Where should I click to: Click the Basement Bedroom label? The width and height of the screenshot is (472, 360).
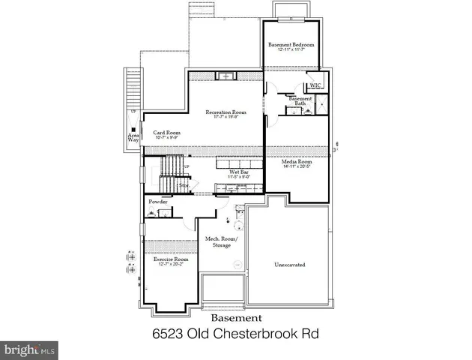coord(291,45)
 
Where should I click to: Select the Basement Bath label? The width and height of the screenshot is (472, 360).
coord(300,100)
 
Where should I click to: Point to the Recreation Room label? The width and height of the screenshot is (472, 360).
coord(226,112)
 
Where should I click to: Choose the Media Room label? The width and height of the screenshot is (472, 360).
coord(297,161)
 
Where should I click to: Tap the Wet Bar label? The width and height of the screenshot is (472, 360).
coord(239,172)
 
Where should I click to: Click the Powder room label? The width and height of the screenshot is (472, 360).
coord(157,202)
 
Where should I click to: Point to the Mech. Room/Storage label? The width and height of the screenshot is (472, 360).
coord(222,241)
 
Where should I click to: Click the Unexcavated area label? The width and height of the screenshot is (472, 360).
coord(289,264)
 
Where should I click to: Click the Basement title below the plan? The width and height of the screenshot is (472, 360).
coord(235,318)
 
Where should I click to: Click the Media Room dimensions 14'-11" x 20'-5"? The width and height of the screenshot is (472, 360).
coord(297,167)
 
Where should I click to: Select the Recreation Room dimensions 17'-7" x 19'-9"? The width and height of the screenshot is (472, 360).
coord(226,118)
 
